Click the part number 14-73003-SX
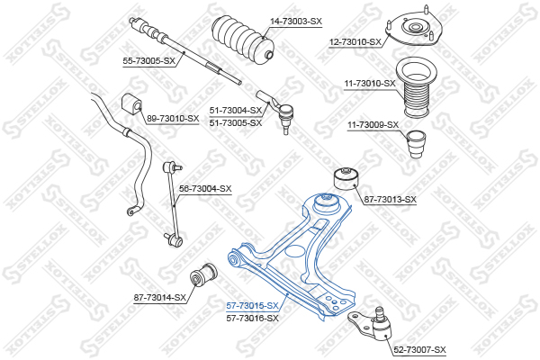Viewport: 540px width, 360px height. pos(296,22)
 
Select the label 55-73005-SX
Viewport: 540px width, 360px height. pos(149,61)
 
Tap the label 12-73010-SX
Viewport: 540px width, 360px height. pos(355,42)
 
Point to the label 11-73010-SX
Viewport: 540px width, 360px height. pos(370,84)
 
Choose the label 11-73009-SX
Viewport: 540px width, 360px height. pos(373,125)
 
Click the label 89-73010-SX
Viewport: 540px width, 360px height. pos(173,119)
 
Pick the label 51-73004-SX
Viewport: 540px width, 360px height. pos(236,111)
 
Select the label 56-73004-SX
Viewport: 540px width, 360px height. pos(205,189)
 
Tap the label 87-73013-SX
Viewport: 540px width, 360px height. pos(391,200)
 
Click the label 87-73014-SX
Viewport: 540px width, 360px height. pos(160,297)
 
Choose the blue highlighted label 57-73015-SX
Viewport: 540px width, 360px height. pos(252,306)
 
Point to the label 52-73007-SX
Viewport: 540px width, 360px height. pos(419,350)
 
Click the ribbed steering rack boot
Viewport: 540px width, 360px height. pos(243,40)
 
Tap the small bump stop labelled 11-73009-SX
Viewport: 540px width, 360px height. pos(416,144)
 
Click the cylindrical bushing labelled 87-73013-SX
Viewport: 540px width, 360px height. pos(346,178)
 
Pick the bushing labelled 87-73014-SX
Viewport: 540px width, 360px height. pos(203,274)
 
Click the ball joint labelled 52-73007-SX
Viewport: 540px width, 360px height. pos(372,324)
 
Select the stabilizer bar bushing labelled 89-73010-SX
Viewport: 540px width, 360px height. pos(131,103)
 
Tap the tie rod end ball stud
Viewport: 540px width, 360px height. pos(286,119)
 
